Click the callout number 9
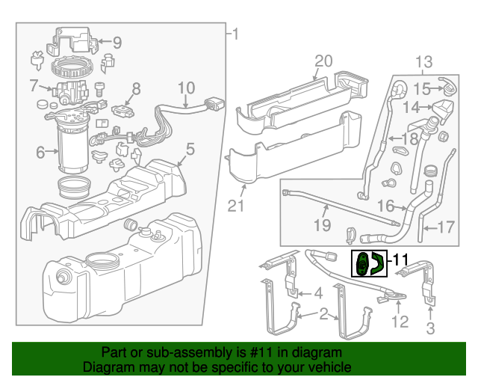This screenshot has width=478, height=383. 117,43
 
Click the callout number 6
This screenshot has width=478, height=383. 40,153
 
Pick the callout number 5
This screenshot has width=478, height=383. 190,150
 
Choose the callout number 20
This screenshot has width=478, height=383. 322,61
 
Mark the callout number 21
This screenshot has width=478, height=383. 237,204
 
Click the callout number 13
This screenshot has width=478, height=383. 424,61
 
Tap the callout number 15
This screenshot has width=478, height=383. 422,89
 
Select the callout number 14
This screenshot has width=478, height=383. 412,107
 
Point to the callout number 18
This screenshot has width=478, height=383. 410,139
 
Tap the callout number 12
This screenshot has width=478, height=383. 400,322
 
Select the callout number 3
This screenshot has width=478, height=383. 431,328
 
